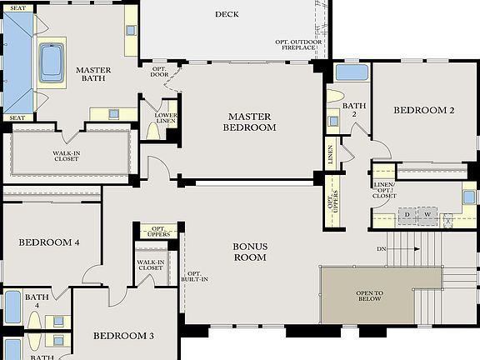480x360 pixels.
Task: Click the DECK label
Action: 227,14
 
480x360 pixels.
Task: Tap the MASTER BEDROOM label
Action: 249,122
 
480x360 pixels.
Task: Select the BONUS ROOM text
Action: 249,252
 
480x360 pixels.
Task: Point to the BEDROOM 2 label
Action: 423,110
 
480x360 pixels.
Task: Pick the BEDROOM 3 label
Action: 123,336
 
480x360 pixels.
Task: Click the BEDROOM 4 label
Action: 48,242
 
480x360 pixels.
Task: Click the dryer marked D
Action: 407,216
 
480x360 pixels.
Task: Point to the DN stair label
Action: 381,249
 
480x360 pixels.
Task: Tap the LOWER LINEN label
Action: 166,119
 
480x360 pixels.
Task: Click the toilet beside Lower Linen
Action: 152,129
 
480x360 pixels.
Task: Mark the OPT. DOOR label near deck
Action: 159,72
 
